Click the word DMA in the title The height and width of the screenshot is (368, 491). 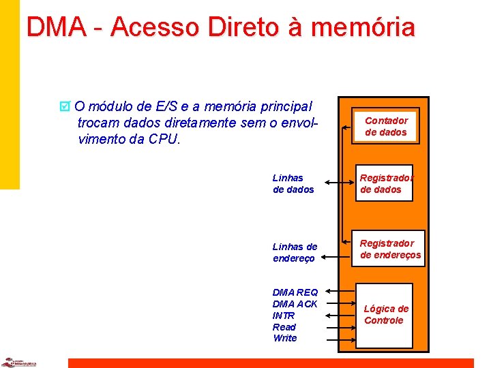[x=57, y=27]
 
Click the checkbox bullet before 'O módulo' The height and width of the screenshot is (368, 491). [x=65, y=106]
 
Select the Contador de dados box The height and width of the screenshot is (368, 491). [x=386, y=126]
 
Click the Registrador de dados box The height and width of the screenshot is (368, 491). [x=386, y=183]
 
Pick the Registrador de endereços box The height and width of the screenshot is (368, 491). [x=390, y=249]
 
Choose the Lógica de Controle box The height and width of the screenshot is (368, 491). [x=386, y=314]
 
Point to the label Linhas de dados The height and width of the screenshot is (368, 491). [x=293, y=183]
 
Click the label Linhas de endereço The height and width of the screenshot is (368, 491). [x=295, y=252]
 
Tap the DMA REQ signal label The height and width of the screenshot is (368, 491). [x=295, y=292]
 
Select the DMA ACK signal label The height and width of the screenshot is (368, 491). [x=295, y=304]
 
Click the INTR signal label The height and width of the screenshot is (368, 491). [x=284, y=316]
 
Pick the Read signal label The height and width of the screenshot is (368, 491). [x=284, y=327]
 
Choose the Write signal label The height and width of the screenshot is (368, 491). [x=284, y=338]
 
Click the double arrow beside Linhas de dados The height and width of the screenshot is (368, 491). [x=340, y=183]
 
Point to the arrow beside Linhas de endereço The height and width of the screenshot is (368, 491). [x=339, y=256]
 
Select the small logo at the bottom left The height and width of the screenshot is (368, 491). [x=18, y=363]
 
